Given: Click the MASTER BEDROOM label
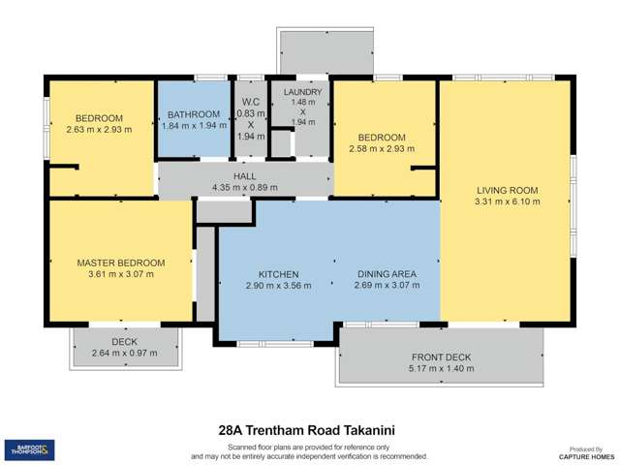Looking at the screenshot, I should tap(121, 263).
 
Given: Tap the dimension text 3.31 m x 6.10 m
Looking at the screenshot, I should tap(507, 201).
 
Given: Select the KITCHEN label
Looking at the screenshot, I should tap(277, 274).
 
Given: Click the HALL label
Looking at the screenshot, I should tap(244, 175).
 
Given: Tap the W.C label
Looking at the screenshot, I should tap(250, 104).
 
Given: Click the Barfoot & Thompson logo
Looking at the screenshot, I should tap(29, 449).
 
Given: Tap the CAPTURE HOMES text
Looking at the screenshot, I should tap(586, 456).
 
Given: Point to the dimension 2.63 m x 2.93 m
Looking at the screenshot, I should tap(98, 129).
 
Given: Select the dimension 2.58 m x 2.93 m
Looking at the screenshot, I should tap(383, 148).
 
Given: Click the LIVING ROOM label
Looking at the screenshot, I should tap(507, 190).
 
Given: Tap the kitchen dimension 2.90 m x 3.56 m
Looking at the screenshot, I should tap(277, 286).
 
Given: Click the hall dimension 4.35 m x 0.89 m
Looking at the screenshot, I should tap(244, 187).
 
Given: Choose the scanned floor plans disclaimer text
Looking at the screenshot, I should tap(310, 450).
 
